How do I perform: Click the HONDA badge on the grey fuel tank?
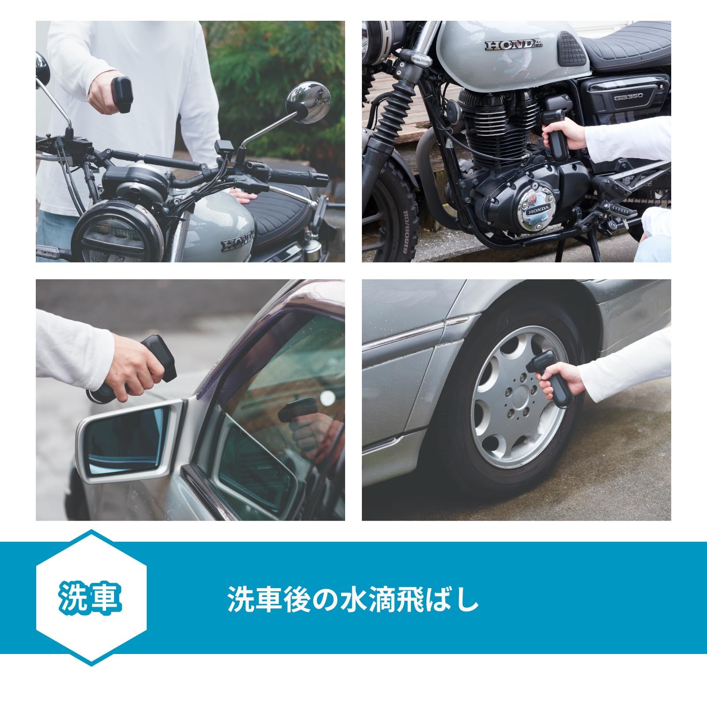(x=514, y=44)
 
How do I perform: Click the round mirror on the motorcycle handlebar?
(x=308, y=103)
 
